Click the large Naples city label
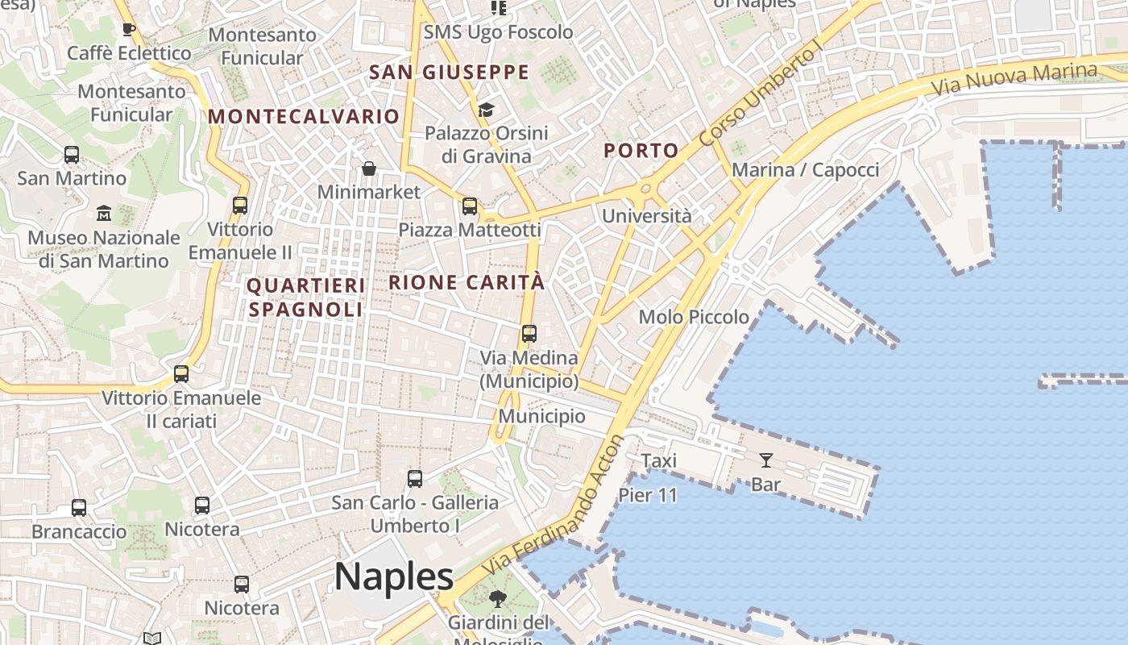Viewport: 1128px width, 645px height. (x=394, y=577)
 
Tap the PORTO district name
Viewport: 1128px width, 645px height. (x=641, y=151)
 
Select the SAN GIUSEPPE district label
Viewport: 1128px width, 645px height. (x=449, y=73)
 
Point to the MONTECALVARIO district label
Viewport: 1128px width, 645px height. (x=304, y=116)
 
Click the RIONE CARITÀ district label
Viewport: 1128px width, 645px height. (x=467, y=283)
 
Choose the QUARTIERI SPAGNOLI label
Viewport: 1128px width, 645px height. (x=306, y=297)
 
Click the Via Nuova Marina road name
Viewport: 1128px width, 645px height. (x=1014, y=78)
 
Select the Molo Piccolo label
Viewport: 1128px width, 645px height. (x=694, y=318)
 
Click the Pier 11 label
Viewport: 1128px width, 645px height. (x=648, y=495)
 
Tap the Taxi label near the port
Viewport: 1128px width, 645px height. (x=658, y=461)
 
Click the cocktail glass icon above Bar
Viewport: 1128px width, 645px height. (x=765, y=460)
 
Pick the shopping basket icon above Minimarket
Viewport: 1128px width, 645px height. (x=368, y=169)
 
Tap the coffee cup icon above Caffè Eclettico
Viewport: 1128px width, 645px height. (x=128, y=30)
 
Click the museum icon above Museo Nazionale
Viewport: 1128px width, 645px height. (x=104, y=214)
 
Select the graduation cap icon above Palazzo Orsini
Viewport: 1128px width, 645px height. (x=486, y=109)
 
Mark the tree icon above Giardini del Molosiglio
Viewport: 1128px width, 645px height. (x=497, y=599)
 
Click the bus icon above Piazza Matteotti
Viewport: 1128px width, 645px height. (x=470, y=206)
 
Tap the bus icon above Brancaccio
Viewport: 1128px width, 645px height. (x=79, y=508)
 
